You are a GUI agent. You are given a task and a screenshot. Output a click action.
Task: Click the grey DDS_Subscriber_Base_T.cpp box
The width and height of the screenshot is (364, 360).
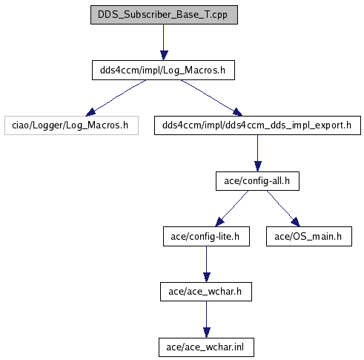(164, 15)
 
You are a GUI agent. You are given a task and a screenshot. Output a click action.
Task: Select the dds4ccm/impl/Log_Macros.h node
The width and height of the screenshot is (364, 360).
(163, 70)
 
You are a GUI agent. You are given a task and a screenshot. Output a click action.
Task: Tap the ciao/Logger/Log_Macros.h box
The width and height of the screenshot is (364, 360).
(71, 125)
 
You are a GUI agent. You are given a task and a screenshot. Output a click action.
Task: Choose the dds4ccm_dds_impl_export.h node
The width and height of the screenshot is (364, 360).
(257, 125)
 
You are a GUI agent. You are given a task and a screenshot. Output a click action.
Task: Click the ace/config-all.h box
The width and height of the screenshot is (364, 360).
(257, 181)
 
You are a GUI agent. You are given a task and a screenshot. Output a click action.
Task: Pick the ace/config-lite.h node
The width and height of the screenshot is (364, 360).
(206, 236)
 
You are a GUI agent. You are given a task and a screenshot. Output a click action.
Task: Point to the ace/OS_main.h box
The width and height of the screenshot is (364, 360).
(309, 236)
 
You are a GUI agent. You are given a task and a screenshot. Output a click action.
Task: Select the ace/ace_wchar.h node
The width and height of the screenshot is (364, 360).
(206, 292)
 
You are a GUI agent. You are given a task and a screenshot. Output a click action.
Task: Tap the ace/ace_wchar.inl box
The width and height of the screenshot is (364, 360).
(206, 347)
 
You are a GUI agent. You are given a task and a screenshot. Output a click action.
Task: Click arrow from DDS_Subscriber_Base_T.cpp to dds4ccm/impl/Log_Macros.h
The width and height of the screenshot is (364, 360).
(163, 42)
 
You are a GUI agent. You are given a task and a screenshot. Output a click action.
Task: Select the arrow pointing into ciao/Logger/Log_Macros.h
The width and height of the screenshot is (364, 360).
(116, 98)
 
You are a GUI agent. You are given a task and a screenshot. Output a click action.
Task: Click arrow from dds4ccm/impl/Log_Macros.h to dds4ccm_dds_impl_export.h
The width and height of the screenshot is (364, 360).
(211, 98)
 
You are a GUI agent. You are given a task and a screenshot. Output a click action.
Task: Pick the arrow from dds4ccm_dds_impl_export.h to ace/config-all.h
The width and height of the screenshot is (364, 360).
(258, 153)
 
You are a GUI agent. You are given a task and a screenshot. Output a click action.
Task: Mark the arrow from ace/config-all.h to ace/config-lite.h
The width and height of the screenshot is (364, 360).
(232, 209)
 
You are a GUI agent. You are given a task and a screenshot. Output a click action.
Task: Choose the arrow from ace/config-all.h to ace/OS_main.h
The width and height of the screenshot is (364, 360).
(283, 209)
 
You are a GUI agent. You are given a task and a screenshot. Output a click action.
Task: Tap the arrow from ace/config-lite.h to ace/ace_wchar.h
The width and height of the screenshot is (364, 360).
(207, 264)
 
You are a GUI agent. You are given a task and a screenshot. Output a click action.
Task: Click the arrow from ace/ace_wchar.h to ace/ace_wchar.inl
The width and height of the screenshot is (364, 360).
(207, 319)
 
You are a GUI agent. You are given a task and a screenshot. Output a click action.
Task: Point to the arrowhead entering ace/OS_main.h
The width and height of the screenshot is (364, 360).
(297, 223)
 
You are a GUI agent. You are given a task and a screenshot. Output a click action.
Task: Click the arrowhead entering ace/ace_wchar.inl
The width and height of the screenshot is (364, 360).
(207, 333)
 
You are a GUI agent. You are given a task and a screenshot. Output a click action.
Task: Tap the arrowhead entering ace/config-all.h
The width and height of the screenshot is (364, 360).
(258, 166)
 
